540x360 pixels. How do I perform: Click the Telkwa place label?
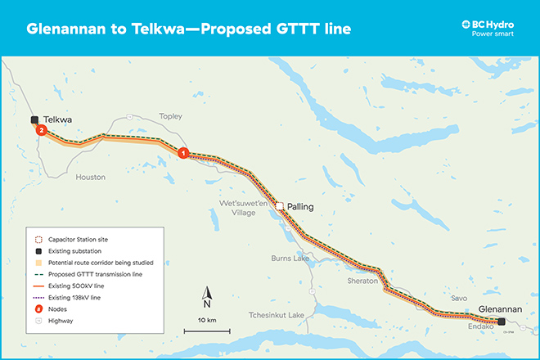coord(59,119)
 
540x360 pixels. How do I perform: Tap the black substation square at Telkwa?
coord(34,119)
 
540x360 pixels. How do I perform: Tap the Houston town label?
coord(90,177)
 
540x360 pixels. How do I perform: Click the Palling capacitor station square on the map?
coord(279,206)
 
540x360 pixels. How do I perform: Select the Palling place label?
coord(300,207)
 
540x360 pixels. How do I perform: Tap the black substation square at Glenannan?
coord(502,322)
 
